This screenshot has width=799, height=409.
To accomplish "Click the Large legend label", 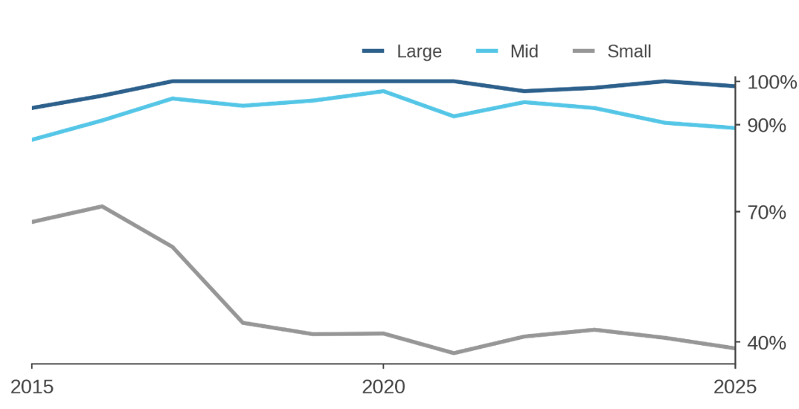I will (x=419, y=51).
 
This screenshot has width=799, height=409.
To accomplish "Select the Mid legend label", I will (x=524, y=51).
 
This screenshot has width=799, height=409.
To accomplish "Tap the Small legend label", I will (x=629, y=51).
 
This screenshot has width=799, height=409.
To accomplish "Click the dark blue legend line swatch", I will (x=373, y=51).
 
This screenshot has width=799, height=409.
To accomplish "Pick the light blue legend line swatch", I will (x=487, y=51).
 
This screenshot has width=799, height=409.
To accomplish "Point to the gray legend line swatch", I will (x=585, y=51).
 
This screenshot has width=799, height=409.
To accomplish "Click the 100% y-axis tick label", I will (x=771, y=82).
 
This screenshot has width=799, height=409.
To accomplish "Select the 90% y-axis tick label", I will (x=767, y=126).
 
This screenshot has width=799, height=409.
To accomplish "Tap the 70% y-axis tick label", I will (x=767, y=213).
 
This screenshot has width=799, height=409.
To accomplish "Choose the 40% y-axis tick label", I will (x=767, y=343).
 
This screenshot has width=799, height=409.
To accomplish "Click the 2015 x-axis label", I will (x=32, y=387).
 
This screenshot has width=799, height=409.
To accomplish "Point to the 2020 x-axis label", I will (x=383, y=387).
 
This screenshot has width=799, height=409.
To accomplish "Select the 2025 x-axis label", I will (x=734, y=387).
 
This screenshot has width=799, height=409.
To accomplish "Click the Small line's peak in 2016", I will (x=102, y=206).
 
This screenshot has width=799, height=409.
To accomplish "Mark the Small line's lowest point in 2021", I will (x=454, y=353).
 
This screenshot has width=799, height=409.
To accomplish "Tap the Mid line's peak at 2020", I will (x=383, y=91).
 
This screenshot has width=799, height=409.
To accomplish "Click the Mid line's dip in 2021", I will (x=454, y=116).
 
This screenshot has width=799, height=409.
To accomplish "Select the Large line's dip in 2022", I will (x=524, y=91).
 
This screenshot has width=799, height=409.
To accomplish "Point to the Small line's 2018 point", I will (x=243, y=322).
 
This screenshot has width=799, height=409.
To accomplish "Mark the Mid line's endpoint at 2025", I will (x=734, y=128).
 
